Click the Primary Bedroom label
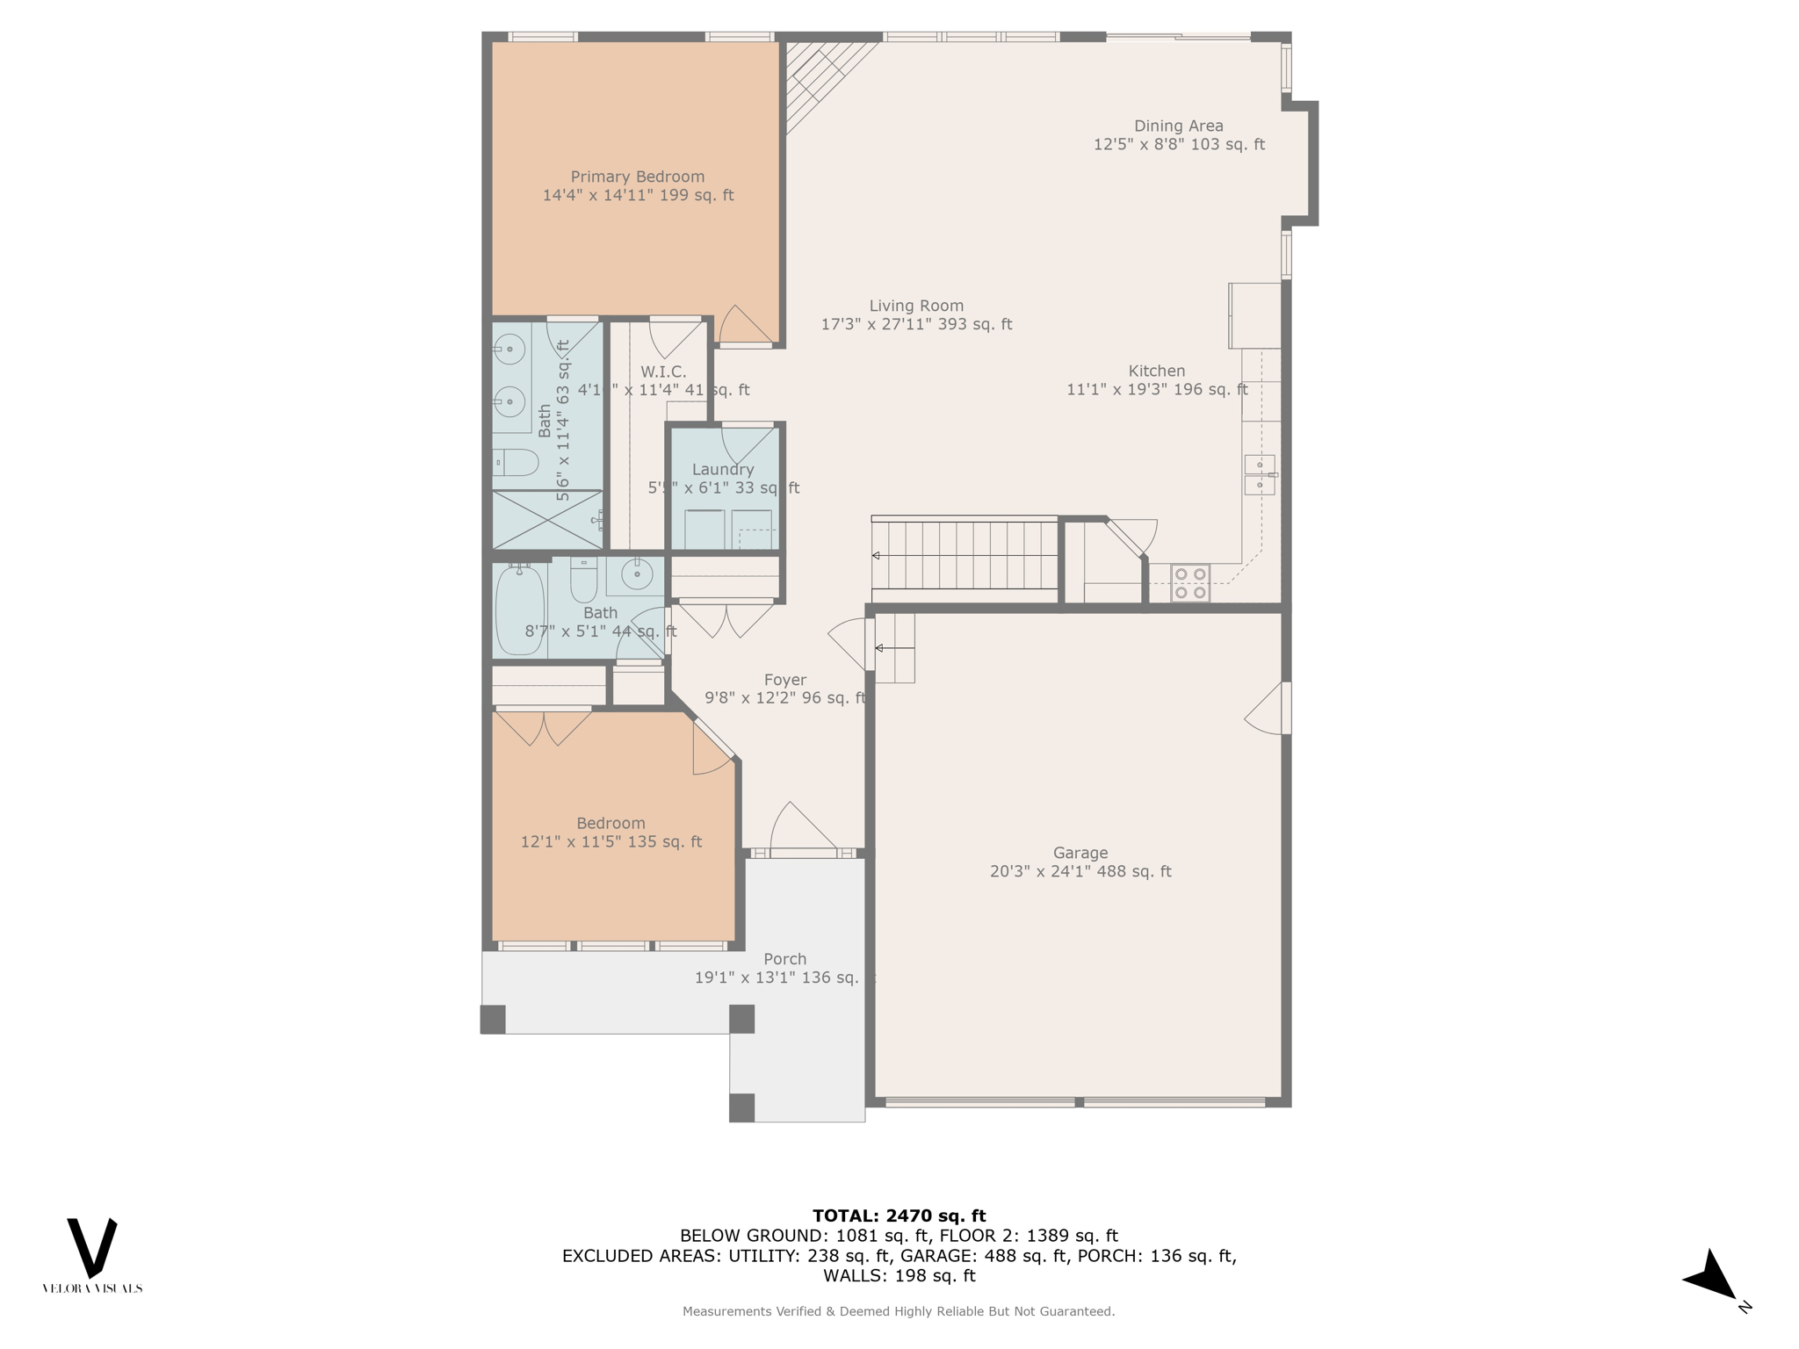pyautogui.click(x=638, y=177)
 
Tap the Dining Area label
pyautogui.click(x=1178, y=126)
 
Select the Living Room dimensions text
pyautogui.click(x=916, y=324)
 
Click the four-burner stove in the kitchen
pyautogui.click(x=1190, y=583)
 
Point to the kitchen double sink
pyautogui.click(x=1260, y=474)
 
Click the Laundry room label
pyautogui.click(x=723, y=469)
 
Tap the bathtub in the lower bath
pyautogui.click(x=520, y=610)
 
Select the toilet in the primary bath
pyautogui.click(x=516, y=462)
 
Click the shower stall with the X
pyautogui.click(x=546, y=520)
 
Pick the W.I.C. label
pyautogui.click(x=663, y=372)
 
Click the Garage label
pyautogui.click(x=1080, y=853)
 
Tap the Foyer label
pyautogui.click(x=784, y=680)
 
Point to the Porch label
pyautogui.click(x=784, y=959)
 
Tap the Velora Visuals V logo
pyautogui.click(x=92, y=1247)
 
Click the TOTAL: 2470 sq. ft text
pyautogui.click(x=899, y=1216)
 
